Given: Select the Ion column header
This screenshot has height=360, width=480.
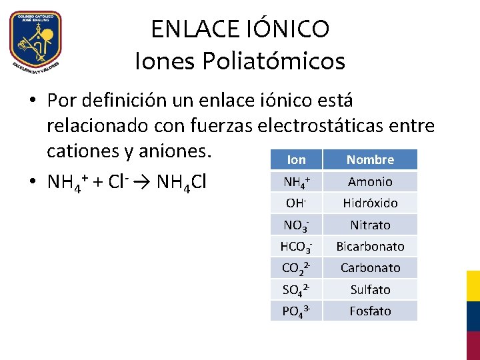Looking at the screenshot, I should [x=296, y=159].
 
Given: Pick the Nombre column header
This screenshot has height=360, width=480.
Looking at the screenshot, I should [x=370, y=159].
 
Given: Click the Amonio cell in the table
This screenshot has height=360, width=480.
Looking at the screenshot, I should [x=370, y=181].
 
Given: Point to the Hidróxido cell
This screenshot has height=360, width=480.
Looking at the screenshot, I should [x=370, y=203].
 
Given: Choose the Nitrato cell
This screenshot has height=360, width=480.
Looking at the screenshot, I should [x=370, y=225].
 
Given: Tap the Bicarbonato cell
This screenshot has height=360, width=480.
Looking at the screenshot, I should [x=370, y=246].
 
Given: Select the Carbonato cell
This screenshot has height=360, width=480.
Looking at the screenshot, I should [x=370, y=267].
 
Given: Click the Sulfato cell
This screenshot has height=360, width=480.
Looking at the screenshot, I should [x=370, y=289].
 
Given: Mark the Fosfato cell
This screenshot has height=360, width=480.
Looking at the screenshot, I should [x=370, y=311].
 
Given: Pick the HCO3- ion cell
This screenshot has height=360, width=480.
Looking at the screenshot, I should [x=296, y=247].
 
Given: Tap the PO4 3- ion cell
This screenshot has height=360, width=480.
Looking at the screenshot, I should [x=296, y=311].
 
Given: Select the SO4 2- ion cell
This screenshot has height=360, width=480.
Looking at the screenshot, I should [x=296, y=290].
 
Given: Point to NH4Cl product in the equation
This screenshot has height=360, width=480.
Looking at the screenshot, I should [x=178, y=182].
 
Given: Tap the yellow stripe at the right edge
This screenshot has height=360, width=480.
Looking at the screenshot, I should [x=473, y=285].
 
